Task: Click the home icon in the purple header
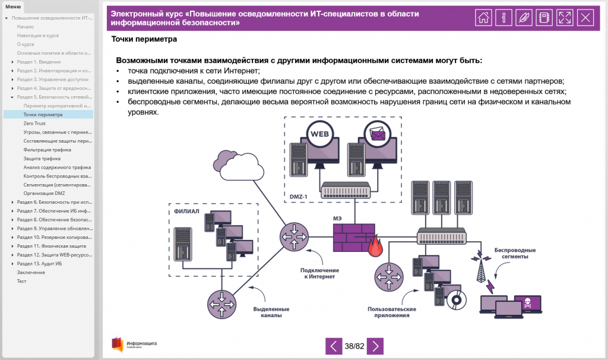[484, 17]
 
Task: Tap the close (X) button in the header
[585, 17]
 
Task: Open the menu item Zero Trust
[34, 124]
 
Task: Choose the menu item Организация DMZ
[44, 194]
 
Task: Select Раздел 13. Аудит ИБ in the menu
[39, 263]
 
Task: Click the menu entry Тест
[22, 281]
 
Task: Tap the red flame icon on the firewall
[375, 247]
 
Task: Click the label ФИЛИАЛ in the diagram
[186, 211]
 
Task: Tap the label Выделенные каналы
[271, 312]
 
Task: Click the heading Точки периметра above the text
[144, 39]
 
